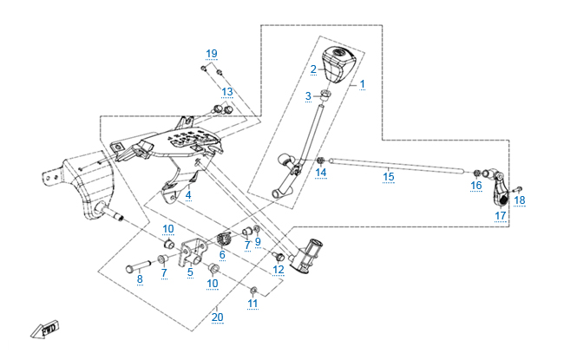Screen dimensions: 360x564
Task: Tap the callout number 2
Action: coord(314,68)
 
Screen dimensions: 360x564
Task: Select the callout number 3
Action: coord(307,95)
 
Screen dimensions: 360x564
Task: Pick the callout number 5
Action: coord(190,272)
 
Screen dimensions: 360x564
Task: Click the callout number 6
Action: coord(222,254)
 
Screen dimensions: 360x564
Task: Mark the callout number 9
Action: coord(258,240)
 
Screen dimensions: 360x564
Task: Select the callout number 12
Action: coord(278,270)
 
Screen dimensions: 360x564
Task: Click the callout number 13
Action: coord(226,91)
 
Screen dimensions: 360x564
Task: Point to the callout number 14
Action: coord(321,173)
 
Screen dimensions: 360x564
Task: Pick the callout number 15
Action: coord(389,176)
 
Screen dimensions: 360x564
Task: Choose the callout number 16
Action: coord(476,186)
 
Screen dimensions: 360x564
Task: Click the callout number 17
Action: coord(501,215)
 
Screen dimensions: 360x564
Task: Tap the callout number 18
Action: coord(520,200)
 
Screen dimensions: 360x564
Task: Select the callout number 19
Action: coord(212,54)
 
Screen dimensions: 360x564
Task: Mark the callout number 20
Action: coord(217,317)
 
